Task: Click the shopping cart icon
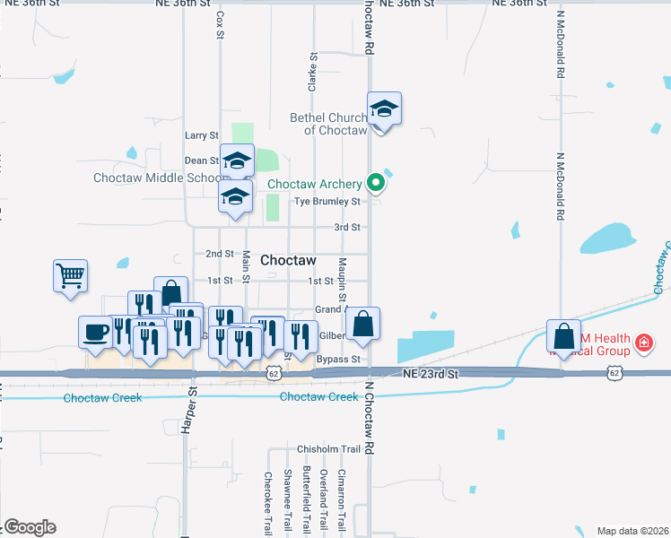(70, 275)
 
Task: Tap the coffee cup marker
(96, 332)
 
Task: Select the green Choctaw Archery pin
(377, 184)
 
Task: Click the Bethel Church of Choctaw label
(328, 124)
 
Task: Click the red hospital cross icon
(643, 342)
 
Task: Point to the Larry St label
(201, 135)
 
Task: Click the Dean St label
(202, 161)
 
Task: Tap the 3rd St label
(347, 228)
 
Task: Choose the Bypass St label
(338, 360)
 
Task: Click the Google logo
(29, 527)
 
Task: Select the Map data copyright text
(633, 531)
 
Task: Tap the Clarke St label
(313, 72)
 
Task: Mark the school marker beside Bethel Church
(384, 109)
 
